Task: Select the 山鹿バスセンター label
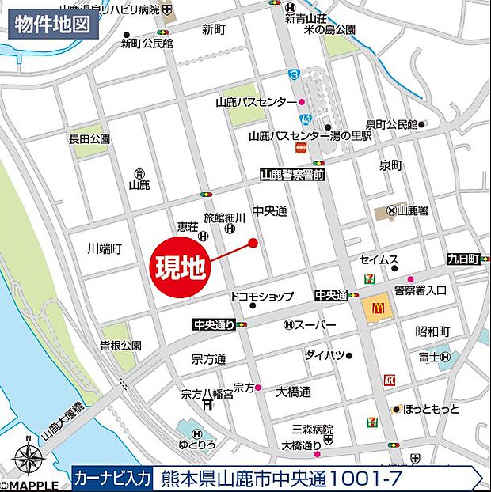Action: (254, 102)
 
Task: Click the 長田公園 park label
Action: (89, 138)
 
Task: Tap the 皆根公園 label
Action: (120, 345)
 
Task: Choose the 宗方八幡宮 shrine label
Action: (206, 393)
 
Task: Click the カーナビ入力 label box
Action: (111, 478)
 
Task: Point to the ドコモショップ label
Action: (261, 296)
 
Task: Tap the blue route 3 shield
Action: (294, 74)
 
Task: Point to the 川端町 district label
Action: (105, 248)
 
